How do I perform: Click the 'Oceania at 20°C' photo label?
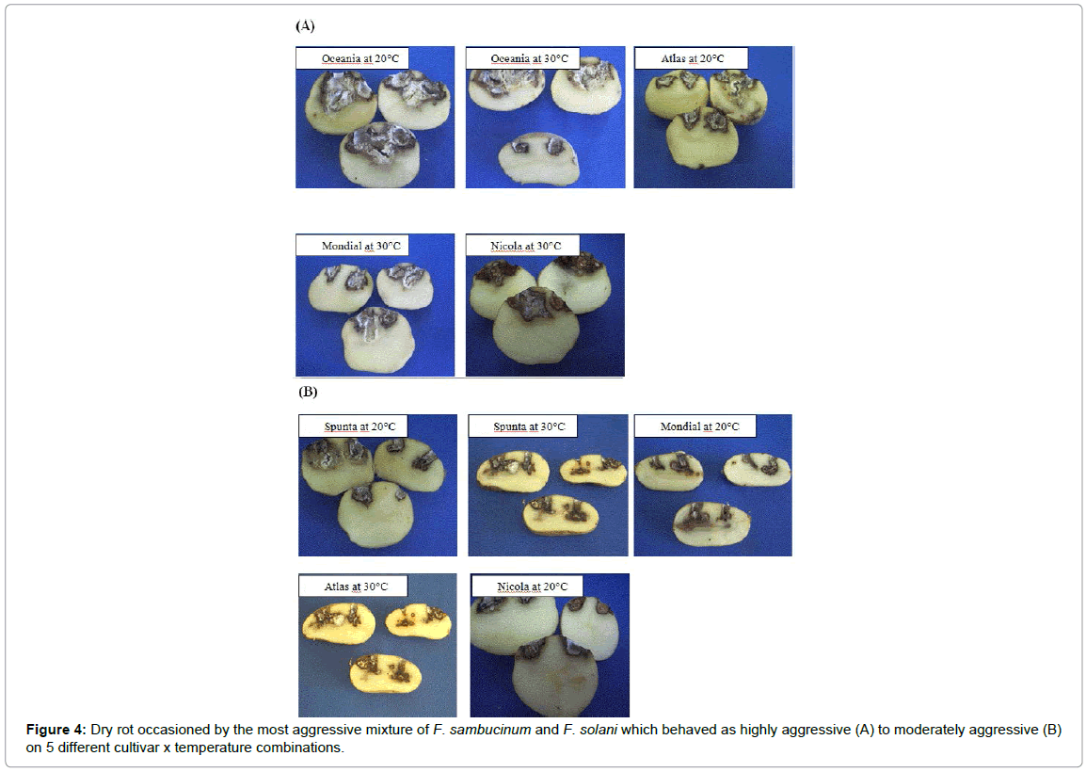[360, 59]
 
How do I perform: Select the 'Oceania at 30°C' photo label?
[529, 59]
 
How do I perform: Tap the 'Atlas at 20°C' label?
[692, 59]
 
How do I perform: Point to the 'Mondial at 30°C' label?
[360, 246]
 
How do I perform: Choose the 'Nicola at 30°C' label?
[526, 246]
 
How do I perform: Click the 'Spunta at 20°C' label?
[359, 426]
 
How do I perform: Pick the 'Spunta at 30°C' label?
[529, 426]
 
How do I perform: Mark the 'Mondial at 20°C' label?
[699, 426]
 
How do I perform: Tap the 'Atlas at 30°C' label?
[356, 587]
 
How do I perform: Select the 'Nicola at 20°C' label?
[532, 587]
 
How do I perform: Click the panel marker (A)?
[305, 25]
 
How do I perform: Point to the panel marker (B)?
[308, 392]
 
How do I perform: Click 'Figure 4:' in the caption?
[56, 730]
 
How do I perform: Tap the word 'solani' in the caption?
[599, 730]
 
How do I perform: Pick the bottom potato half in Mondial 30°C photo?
[378, 340]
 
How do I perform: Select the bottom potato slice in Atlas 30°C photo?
[385, 673]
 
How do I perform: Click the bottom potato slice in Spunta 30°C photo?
[560, 516]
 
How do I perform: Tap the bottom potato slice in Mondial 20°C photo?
[711, 523]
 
